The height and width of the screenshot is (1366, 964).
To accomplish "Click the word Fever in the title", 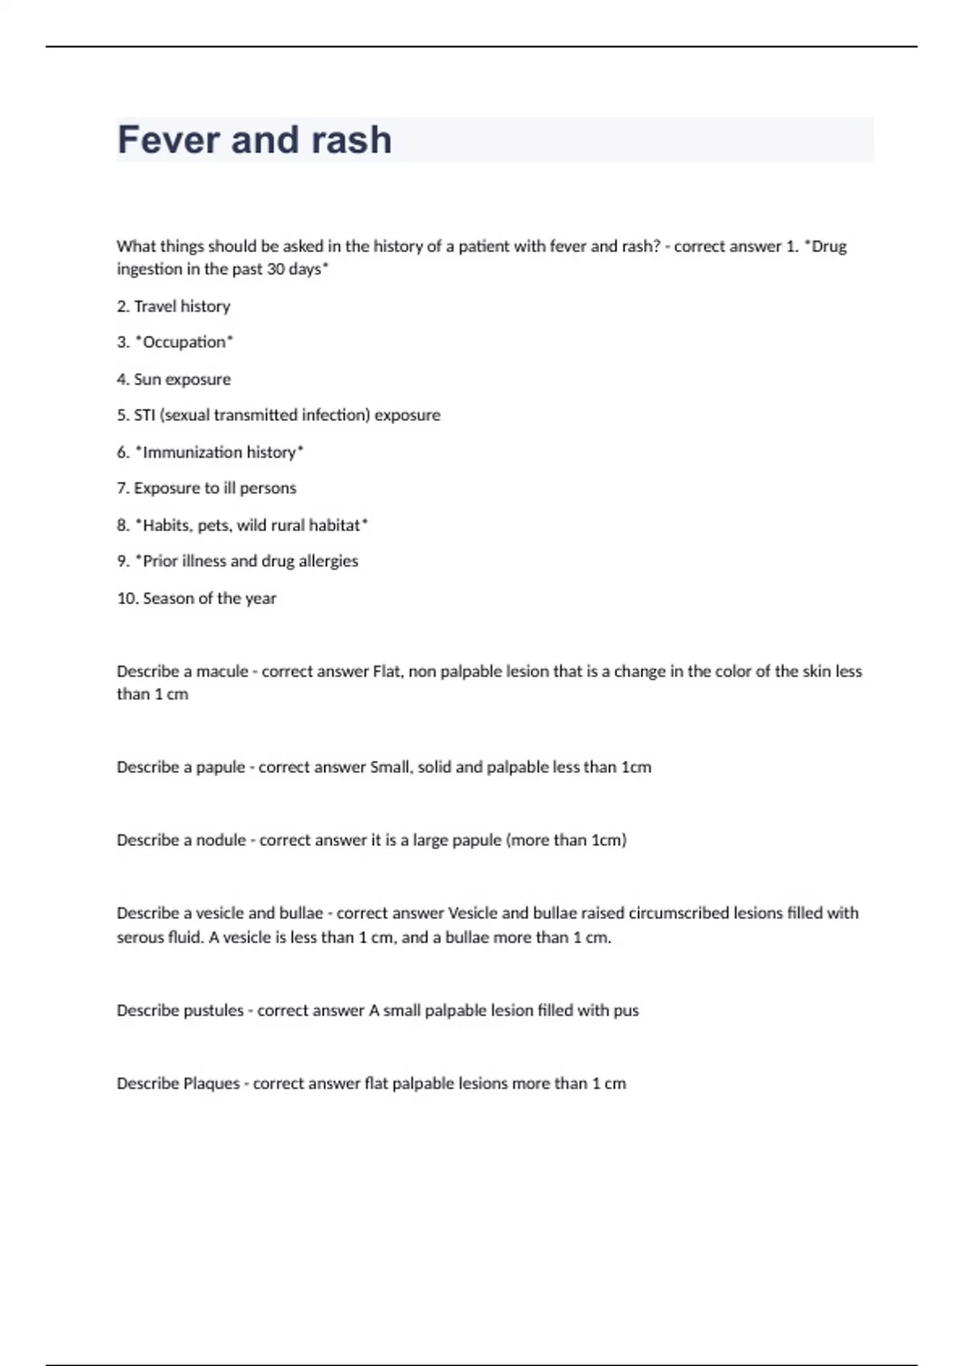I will pos(169,140).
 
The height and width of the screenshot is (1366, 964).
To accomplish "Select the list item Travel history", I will pos(182,306).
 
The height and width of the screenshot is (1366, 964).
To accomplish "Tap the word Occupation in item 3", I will pos(184,342).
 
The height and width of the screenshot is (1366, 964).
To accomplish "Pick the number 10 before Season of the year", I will pos(127,599).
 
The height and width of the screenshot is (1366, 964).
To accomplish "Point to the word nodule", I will pos(221,840).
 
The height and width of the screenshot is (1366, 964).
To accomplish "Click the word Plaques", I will pos(211,1084).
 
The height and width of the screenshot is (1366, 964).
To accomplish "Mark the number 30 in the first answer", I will pos(276,269).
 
